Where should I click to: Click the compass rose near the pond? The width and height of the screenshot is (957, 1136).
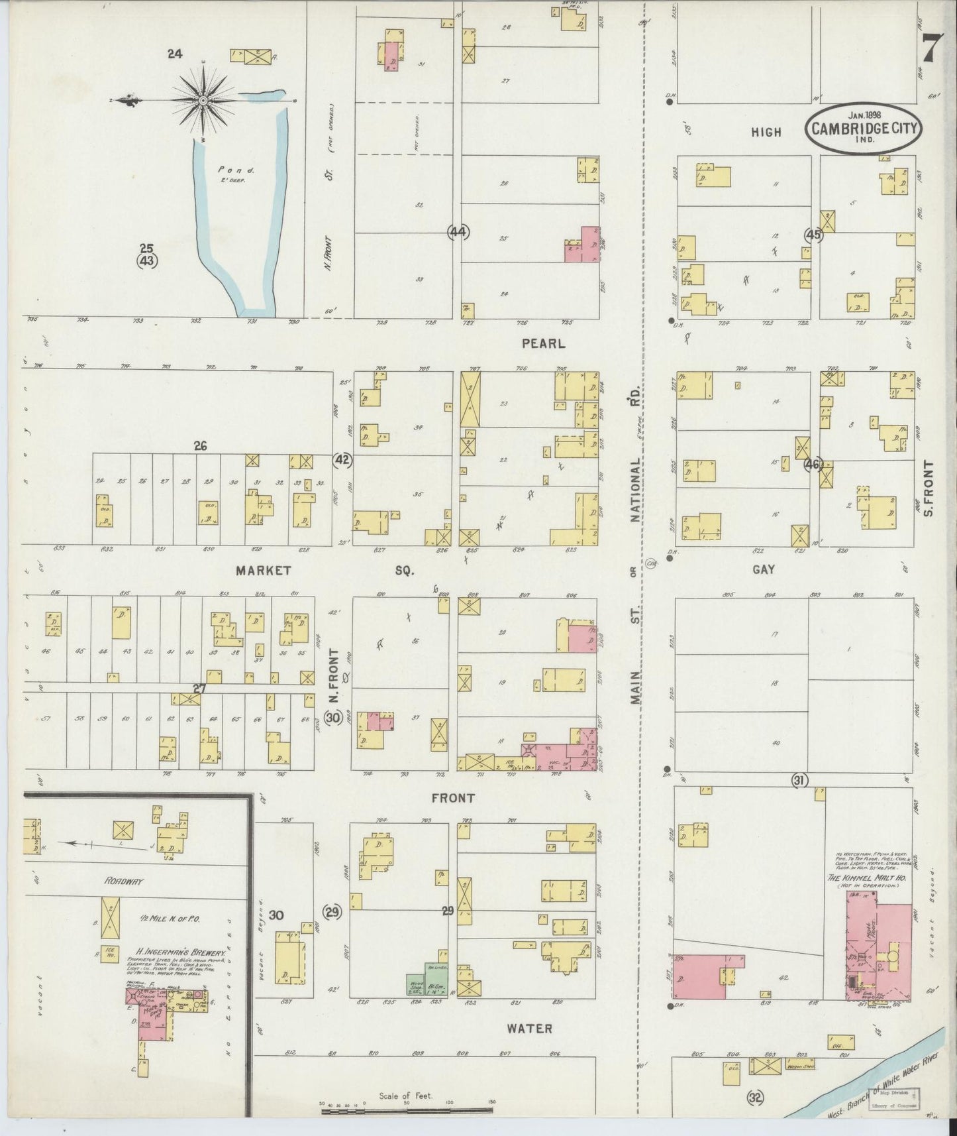(203, 100)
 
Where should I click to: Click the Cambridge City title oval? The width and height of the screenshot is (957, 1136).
(864, 127)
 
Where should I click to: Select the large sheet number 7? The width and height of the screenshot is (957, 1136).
(931, 49)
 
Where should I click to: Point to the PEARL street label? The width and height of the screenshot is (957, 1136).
(543, 343)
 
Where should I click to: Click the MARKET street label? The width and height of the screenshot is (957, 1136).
(264, 570)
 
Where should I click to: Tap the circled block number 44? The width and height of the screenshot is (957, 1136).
(458, 232)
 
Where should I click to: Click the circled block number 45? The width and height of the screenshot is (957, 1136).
(813, 235)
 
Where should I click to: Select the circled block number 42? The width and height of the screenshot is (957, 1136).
(342, 460)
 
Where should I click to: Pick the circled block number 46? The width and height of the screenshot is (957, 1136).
(813, 465)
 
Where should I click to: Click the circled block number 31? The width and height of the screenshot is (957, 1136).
(799, 781)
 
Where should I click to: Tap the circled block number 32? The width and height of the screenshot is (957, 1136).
(755, 1098)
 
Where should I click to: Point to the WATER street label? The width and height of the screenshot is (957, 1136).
(529, 1029)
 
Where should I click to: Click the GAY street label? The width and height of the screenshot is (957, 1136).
(763, 569)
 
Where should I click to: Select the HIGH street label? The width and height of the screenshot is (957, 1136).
(766, 133)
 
